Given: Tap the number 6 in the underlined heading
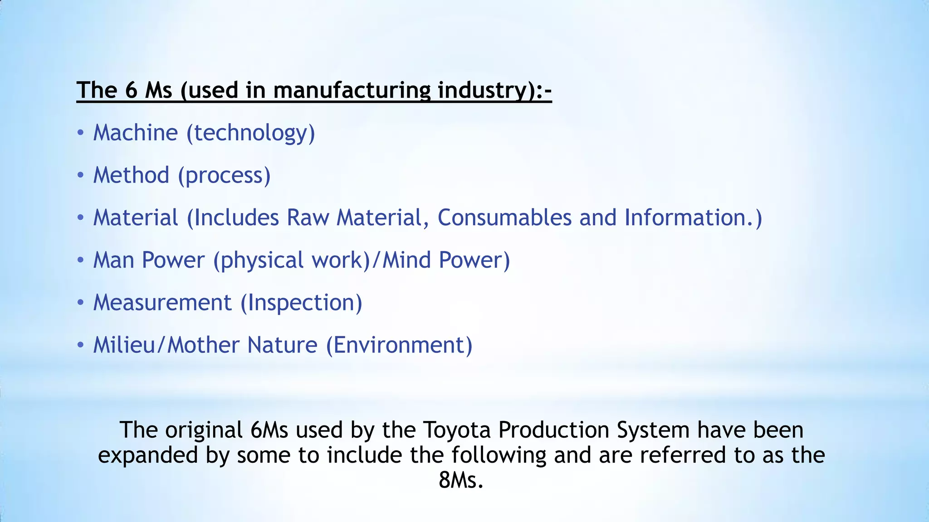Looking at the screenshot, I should click(131, 90).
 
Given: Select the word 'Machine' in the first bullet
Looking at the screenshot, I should click(136, 133).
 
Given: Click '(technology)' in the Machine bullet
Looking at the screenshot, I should click(251, 133).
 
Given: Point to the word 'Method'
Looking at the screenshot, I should click(131, 175).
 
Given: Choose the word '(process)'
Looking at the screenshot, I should click(225, 175).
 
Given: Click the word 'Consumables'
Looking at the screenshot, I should click(504, 217).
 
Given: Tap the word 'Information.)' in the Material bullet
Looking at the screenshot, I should click(693, 217).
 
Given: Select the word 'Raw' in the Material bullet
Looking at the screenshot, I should click(308, 217).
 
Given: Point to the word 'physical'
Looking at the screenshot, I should click(258, 260).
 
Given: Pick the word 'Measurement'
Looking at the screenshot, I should click(162, 303).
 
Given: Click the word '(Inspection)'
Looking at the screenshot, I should click(301, 303).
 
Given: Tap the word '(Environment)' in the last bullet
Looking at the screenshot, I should click(399, 345).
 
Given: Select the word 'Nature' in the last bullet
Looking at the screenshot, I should click(283, 345).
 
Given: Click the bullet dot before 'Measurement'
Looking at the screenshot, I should click(80, 303).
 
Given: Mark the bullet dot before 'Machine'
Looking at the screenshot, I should click(80, 133).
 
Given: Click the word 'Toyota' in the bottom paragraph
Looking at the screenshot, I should click(457, 430).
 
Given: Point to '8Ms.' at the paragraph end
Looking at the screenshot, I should click(461, 480).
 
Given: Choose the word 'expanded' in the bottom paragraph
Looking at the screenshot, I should click(148, 455).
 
